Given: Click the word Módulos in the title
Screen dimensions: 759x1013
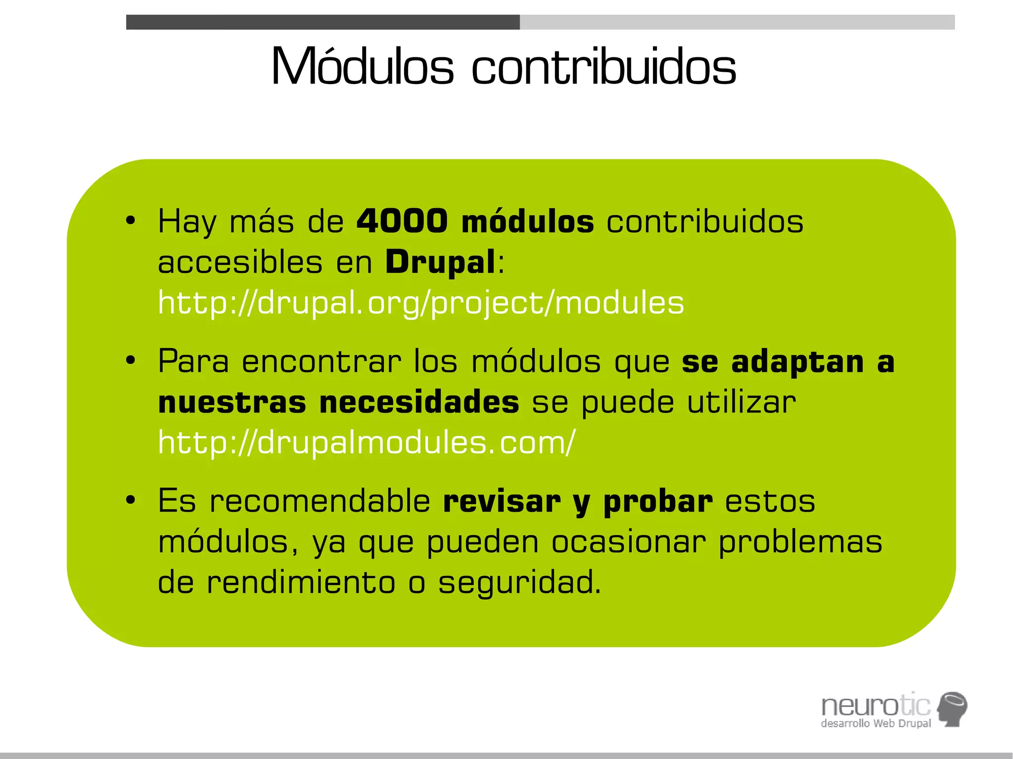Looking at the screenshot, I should click(x=362, y=67).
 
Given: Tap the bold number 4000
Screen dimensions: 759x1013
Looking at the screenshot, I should click(x=402, y=221).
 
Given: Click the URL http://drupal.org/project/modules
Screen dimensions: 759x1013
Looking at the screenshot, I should click(x=420, y=303).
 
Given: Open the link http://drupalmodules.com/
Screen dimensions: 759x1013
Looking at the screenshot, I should click(x=367, y=442).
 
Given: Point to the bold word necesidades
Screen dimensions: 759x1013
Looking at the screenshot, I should click(x=419, y=402).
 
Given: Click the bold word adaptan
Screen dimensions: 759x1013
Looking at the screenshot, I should click(x=797, y=361).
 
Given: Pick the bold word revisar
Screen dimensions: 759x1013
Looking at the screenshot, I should click(x=502, y=501).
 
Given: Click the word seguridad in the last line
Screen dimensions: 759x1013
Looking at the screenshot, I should click(x=519, y=582).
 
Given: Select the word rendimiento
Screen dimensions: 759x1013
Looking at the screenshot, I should click(x=301, y=582).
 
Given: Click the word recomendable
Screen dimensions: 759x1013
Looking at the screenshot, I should click(x=320, y=501).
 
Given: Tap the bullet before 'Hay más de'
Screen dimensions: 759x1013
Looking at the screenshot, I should click(x=130, y=221).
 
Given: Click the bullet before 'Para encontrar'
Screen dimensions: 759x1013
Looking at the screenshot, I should click(x=130, y=361).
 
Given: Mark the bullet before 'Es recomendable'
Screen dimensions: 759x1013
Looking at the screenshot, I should click(x=130, y=500).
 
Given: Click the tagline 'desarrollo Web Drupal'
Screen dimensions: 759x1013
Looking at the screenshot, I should click(x=875, y=723).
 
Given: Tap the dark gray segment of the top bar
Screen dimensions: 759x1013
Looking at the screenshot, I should click(x=322, y=22).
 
